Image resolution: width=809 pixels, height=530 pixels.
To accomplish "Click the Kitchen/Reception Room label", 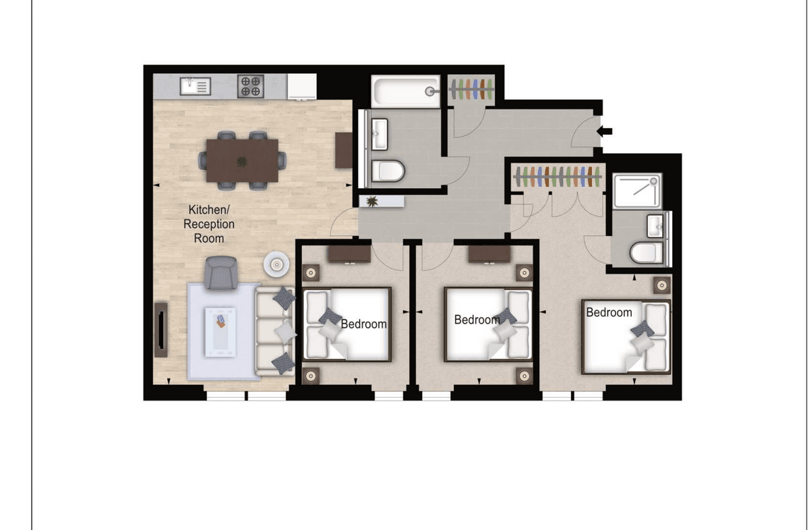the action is (209, 224).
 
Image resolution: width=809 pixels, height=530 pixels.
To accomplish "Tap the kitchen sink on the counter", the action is (196, 86).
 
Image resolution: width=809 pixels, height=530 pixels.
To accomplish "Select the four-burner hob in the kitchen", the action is (250, 86).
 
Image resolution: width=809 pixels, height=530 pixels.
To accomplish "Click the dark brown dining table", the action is (242, 160).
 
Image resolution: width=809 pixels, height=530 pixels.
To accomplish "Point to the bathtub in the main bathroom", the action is (406, 91).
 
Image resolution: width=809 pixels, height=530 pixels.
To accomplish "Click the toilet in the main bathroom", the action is (388, 171).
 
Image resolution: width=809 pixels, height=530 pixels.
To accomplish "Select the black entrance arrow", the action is (604, 131).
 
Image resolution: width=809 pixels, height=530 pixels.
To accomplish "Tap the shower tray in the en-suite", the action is (638, 190).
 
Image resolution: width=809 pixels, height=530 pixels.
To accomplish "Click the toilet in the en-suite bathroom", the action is (646, 253).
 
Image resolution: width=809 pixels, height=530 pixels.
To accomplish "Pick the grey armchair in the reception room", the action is (221, 273).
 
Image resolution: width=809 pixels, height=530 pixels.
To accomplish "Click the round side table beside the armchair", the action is (276, 264).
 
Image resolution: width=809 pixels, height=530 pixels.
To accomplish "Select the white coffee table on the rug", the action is (220, 332).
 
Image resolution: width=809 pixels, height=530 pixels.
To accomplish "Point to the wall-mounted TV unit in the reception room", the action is (160, 330).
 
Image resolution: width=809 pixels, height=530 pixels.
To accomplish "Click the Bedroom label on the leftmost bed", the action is (363, 324).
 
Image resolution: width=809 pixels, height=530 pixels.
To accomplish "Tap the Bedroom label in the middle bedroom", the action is (477, 320).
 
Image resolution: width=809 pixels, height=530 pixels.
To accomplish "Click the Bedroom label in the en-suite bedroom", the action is (609, 312).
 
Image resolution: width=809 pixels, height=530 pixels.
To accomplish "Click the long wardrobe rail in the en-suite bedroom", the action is (558, 177).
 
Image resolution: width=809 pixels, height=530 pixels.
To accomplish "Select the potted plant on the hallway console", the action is (371, 201).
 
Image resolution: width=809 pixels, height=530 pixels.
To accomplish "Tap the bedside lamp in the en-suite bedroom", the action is (662, 285).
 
